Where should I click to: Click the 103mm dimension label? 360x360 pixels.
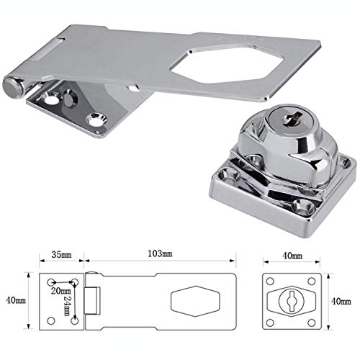pyautogui.click(x=160, y=253)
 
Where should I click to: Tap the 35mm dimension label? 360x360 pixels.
pyautogui.click(x=61, y=254)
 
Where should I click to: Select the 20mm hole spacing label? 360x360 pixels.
pyautogui.click(x=61, y=291)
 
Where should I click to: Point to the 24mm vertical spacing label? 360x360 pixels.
pyautogui.click(x=68, y=306)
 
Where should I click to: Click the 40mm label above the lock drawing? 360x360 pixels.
pyautogui.click(x=292, y=256)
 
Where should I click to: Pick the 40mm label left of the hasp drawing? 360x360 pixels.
pyautogui.click(x=16, y=300)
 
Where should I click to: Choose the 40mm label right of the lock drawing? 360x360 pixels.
pyautogui.click(x=341, y=301)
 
